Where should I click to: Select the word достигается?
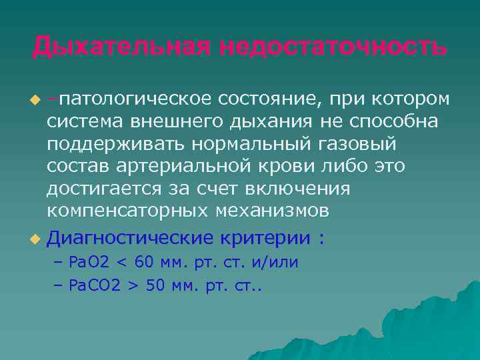pyautogui.click(x=104, y=189)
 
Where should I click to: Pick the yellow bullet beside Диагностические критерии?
pyautogui.click(x=36, y=238)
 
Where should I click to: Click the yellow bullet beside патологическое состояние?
pyautogui.click(x=36, y=101)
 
